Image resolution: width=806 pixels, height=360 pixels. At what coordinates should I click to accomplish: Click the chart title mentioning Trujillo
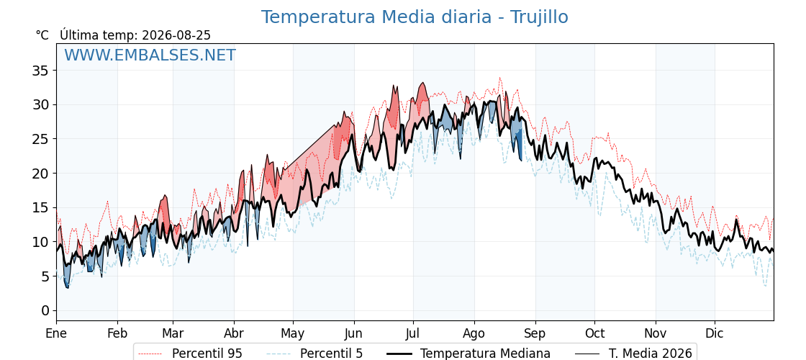coord(415,17)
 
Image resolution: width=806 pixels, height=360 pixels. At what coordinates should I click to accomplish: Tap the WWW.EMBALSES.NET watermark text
coord(150,55)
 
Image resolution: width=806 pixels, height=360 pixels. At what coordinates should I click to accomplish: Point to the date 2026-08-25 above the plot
coord(176,35)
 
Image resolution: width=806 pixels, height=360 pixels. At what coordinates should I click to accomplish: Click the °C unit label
coord(42,35)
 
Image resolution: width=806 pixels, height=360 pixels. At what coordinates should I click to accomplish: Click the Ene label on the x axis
coord(57,334)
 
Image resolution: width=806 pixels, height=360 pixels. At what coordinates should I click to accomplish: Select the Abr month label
coord(234,334)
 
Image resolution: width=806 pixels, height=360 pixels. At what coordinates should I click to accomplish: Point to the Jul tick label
coord(413,334)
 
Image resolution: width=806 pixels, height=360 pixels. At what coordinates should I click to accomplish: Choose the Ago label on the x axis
coord(474,334)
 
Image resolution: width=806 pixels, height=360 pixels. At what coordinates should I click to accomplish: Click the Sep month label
coord(535,334)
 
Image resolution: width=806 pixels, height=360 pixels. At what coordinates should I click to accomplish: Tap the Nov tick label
coord(656,334)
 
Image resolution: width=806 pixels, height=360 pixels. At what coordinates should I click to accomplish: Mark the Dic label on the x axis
coord(715,334)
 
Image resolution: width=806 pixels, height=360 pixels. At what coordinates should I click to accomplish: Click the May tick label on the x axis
coord(293,334)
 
